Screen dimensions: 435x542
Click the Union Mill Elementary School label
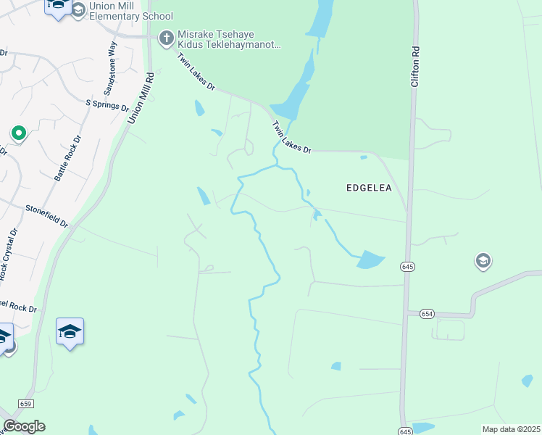coord(130,11)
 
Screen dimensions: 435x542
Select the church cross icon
coord(166,36)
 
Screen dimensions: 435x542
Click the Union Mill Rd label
coord(141,98)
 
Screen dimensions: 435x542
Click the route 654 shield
coord(427,313)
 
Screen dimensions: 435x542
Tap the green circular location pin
coord(18,133)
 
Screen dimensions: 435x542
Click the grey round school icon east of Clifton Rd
coord(483,260)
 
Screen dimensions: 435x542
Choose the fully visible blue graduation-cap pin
coord(70,331)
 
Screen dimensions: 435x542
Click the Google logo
coord(24,426)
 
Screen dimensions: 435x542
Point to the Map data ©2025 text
coord(510,429)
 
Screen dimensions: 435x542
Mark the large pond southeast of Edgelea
coord(371,260)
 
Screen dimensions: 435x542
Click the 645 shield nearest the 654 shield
coord(406,267)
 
